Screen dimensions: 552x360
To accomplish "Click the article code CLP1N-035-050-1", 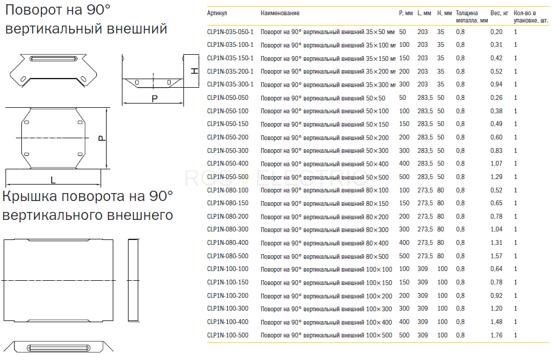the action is pos(230,32).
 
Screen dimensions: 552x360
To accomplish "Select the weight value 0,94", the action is pos(497,85).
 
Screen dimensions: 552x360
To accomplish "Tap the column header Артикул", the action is pos(217,13).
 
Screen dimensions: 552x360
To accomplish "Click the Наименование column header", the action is pos(280,13).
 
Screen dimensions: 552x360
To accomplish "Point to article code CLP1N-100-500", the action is pos(228,336).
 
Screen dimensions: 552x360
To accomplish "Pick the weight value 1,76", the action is pos(497,336).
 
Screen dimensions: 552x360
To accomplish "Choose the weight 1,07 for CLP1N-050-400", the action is pos(497,164).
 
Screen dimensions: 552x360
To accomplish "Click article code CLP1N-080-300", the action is pos(228,230).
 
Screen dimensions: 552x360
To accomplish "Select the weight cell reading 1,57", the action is pos(497,256).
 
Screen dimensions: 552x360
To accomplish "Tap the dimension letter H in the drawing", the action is pos(194,71).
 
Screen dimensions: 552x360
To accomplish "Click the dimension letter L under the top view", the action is pos(53,180).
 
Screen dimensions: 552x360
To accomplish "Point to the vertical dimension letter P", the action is pos(101,138).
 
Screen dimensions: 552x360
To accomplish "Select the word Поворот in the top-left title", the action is pos(33,10).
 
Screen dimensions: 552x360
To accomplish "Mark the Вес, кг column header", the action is pos(499,13).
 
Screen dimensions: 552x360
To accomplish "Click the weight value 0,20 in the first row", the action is pos(497,32).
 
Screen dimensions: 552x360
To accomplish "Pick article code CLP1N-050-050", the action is pos(228,98).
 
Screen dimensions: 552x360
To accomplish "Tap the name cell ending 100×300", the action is pos(327,309).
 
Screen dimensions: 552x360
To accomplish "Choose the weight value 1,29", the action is pos(497,177).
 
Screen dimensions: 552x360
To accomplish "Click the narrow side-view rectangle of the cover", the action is pos(133,280).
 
